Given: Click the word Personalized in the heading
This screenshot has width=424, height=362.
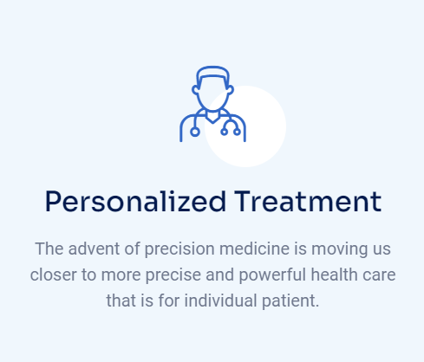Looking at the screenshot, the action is [x=135, y=202].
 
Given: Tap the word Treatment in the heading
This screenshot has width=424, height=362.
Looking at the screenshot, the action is [x=308, y=202].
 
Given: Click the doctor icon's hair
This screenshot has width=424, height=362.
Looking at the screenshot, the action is [x=212, y=73].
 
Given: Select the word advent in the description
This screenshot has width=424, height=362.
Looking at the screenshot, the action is [x=94, y=249].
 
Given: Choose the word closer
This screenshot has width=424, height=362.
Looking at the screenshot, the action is [x=53, y=275].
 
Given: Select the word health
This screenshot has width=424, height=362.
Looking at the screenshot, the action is [x=335, y=275].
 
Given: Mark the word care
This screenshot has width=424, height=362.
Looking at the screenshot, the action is [x=379, y=275].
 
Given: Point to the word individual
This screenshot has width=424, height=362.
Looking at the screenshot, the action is [x=220, y=301].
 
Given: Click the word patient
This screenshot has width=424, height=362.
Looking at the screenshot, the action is [x=290, y=301].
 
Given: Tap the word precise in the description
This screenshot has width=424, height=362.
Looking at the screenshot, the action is [x=173, y=275].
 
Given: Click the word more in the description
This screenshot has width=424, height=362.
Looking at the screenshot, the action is [x=121, y=275].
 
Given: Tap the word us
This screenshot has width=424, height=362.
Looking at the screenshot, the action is [x=382, y=249].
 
